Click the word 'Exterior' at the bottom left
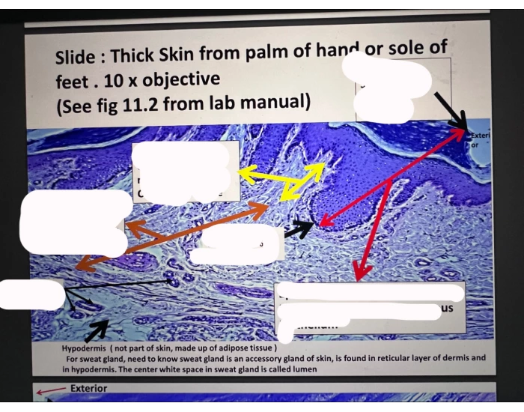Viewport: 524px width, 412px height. [88, 388]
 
